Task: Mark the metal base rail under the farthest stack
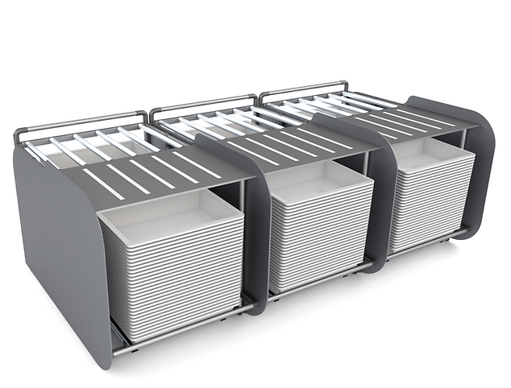[427, 246]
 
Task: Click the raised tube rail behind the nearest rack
[81, 121]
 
